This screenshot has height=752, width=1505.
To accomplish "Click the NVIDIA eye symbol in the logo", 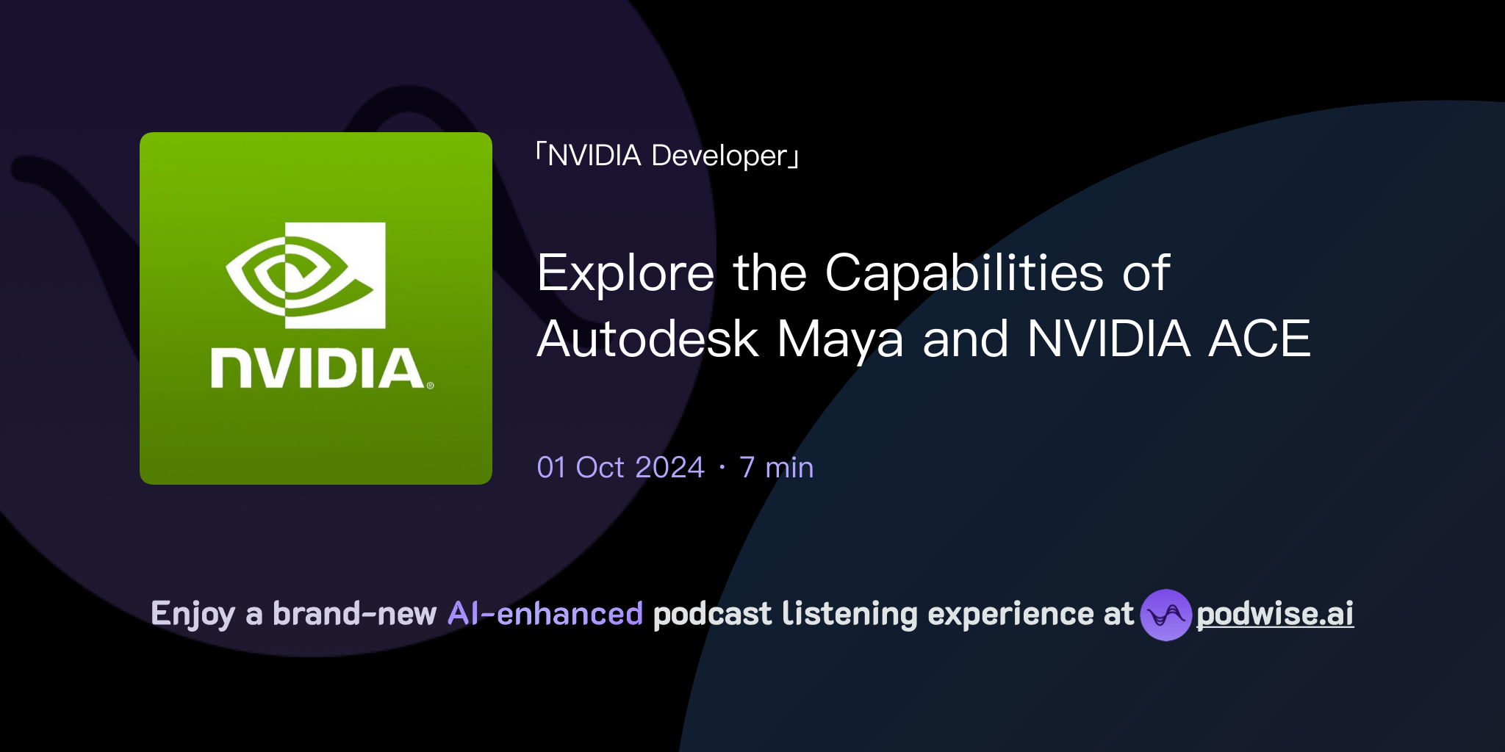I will point(306,275).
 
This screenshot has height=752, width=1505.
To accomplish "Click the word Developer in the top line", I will point(719,156).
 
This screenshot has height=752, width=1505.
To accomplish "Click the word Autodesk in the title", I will point(647,340).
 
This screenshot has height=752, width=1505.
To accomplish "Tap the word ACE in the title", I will point(1260,340).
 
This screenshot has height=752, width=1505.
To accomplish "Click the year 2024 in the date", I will point(669,468).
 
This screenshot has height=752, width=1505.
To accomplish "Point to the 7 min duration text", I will point(777,468).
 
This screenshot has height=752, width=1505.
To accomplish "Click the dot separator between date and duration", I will point(722,468).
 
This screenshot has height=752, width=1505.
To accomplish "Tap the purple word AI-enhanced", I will point(545,614).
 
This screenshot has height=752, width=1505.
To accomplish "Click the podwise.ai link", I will point(1275,614).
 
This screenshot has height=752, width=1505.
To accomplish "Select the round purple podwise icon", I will point(1165,615).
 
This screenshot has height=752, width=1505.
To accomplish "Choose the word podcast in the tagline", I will point(712,614).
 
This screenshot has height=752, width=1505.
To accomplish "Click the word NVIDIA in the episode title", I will point(1108,340).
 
